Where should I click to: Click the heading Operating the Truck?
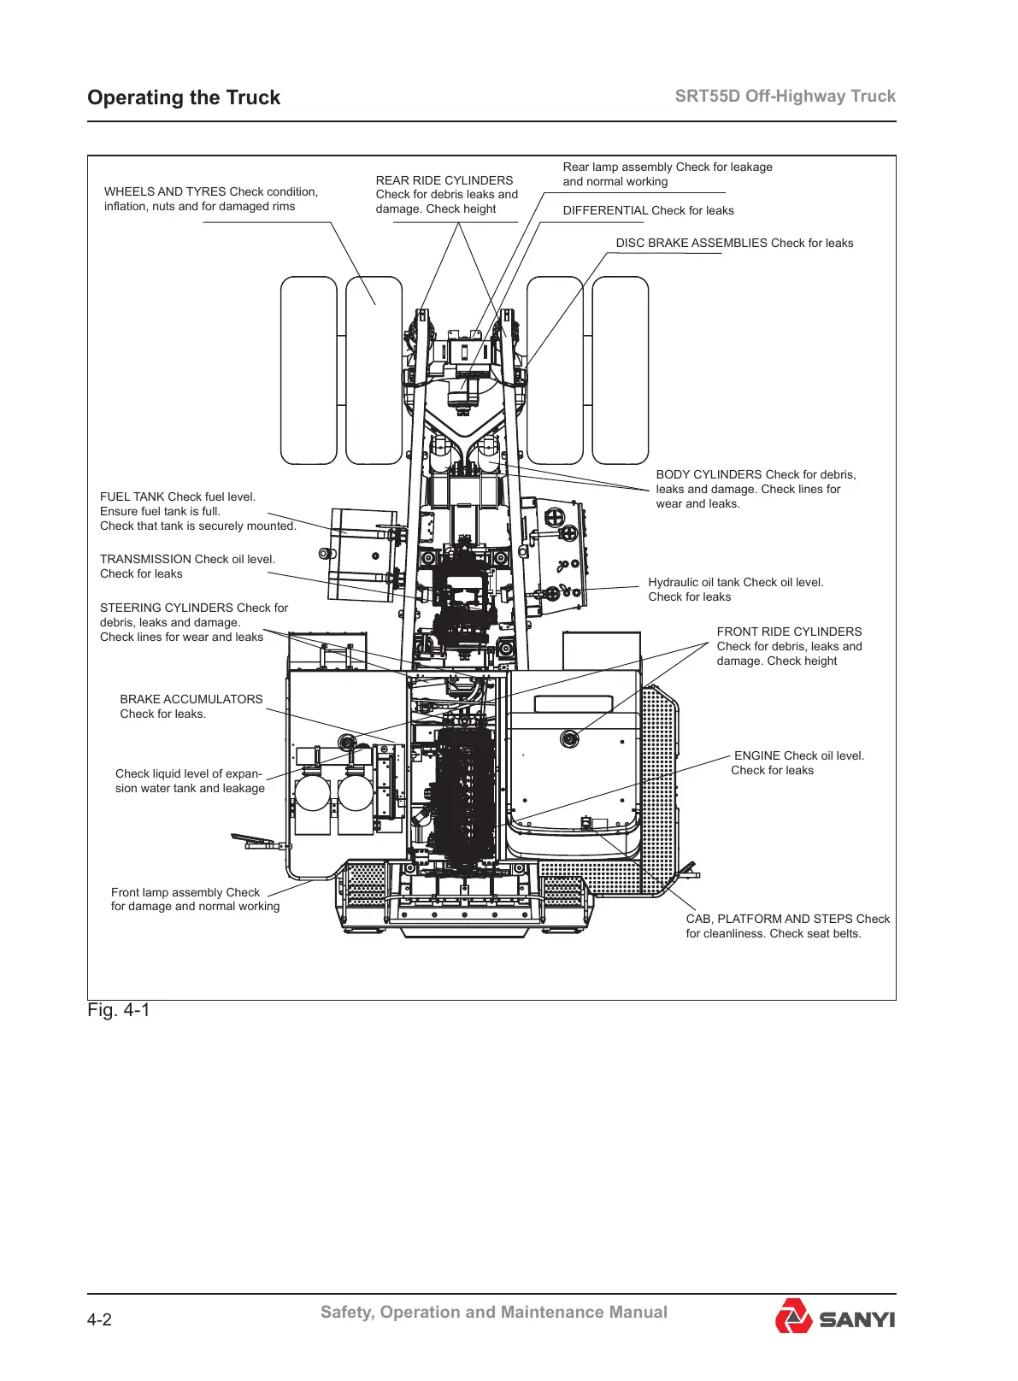click(184, 97)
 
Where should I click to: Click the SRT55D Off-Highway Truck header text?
click(785, 96)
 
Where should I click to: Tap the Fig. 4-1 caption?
click(119, 1010)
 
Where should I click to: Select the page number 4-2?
click(99, 1319)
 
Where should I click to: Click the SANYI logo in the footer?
click(835, 1317)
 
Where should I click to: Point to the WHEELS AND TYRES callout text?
click(210, 199)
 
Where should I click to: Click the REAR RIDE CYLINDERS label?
click(446, 195)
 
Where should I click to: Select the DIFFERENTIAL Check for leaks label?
click(648, 210)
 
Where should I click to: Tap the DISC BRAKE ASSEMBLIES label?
click(734, 243)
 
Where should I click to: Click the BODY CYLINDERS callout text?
click(756, 489)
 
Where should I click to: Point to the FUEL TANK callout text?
click(197, 511)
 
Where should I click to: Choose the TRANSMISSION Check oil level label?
click(187, 567)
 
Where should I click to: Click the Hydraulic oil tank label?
click(735, 590)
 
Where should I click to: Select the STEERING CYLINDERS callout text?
click(194, 622)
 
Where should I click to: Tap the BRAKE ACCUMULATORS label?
click(191, 706)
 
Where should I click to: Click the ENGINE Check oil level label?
click(797, 762)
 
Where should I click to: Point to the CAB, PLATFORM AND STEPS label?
click(787, 926)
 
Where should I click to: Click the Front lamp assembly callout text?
click(195, 899)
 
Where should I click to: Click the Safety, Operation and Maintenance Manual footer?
click(494, 1312)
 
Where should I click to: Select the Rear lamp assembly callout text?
click(667, 174)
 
